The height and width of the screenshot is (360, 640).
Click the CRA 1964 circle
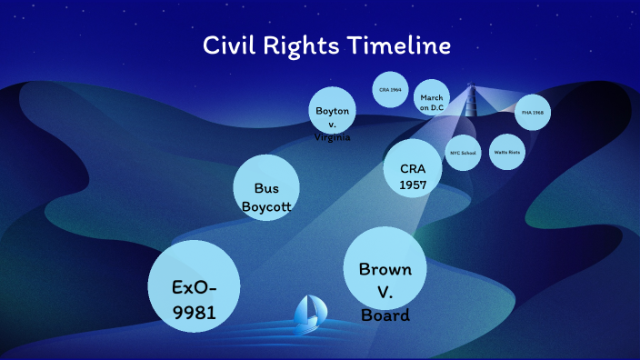tap(391, 89)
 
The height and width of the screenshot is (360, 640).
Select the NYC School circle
tap(463, 153)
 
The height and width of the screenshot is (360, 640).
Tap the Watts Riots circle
tap(507, 152)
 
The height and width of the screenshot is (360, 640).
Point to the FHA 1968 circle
tap(532, 112)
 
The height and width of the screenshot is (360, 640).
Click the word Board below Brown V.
tap(385, 316)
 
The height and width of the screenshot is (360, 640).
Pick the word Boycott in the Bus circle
tap(266, 206)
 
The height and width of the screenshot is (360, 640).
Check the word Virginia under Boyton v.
tap(333, 137)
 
